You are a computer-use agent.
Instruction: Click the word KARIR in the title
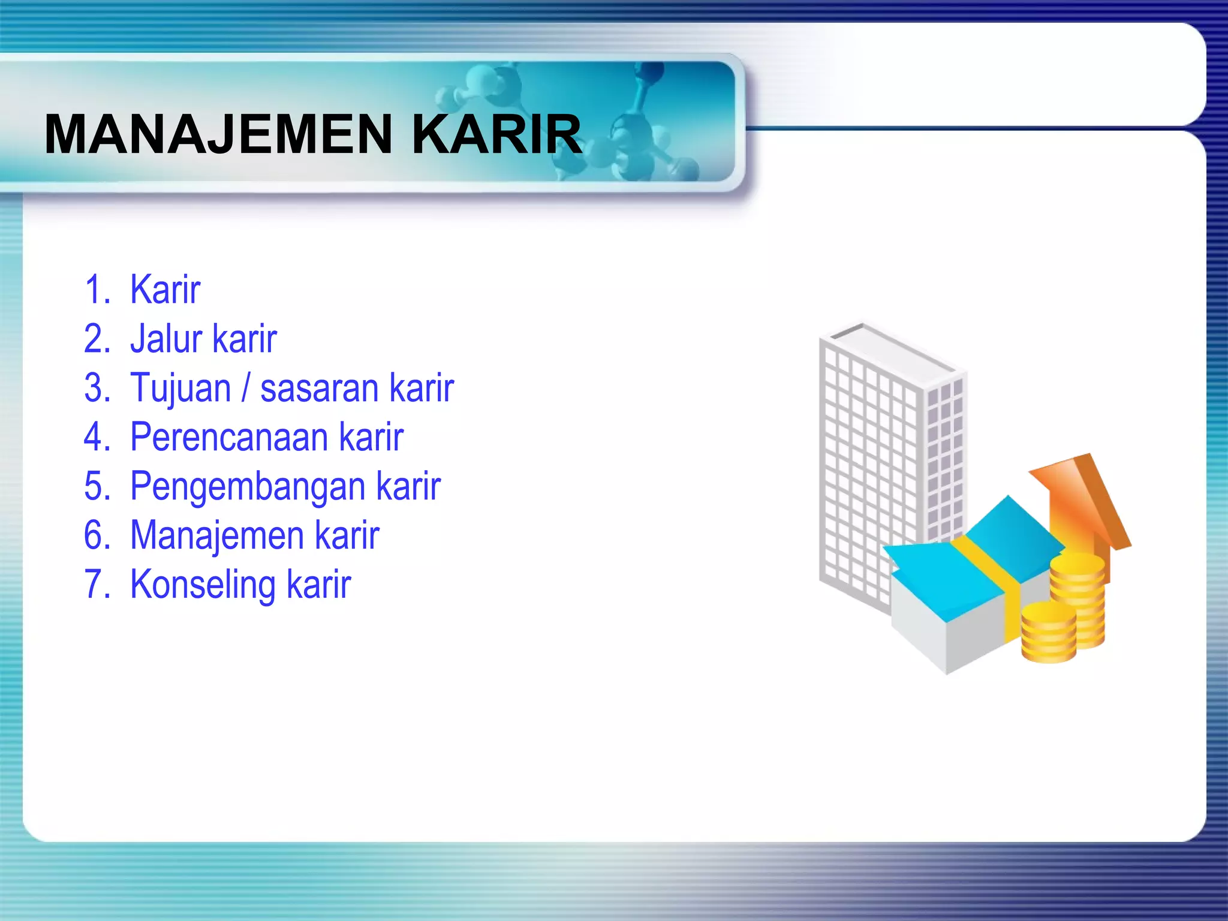coord(496,134)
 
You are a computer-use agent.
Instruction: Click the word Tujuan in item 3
coord(180,389)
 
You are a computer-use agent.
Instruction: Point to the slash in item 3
coord(245,389)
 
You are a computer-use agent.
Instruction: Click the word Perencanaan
coord(229,437)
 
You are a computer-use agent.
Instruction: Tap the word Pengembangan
coord(247,487)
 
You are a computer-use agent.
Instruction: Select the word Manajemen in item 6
coord(216,535)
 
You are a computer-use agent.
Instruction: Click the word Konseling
coord(203,585)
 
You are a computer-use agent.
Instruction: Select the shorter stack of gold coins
coord(1048,633)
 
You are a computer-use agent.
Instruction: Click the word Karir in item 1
coord(165,290)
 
